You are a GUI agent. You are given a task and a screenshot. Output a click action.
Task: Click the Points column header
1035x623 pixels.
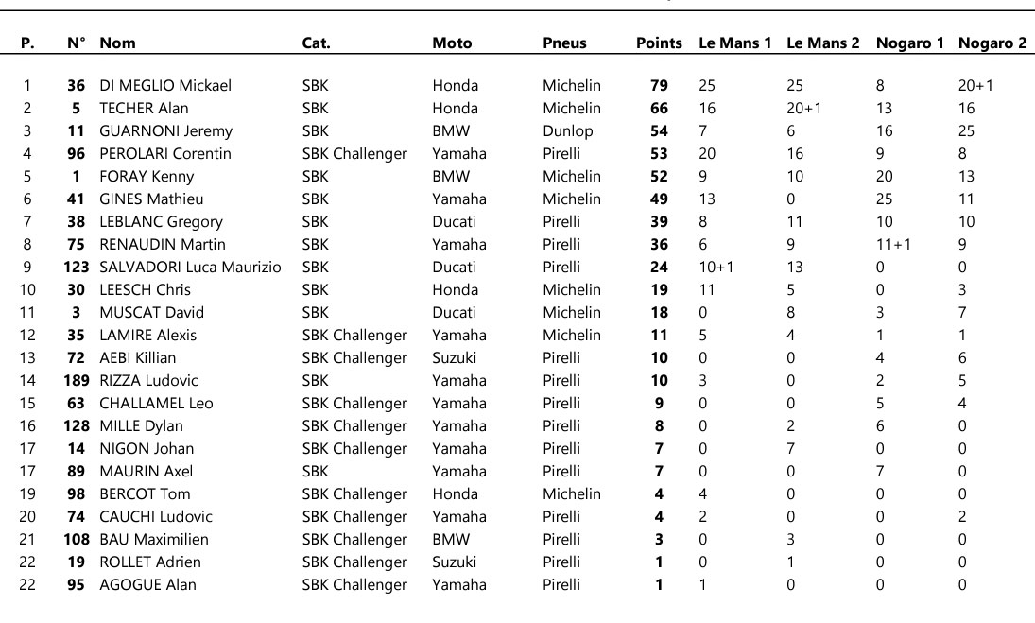(x=659, y=43)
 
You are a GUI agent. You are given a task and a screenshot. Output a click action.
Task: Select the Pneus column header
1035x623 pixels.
(x=564, y=43)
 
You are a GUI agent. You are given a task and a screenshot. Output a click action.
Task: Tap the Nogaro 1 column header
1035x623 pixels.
(x=909, y=43)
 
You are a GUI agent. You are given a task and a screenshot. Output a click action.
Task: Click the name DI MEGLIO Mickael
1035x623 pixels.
(x=164, y=86)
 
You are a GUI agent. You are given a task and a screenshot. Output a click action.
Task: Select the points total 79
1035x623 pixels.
(x=659, y=86)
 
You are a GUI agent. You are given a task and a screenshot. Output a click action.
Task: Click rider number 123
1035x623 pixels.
(x=77, y=268)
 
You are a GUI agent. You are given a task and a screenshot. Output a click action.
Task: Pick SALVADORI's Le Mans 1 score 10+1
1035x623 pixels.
(x=716, y=268)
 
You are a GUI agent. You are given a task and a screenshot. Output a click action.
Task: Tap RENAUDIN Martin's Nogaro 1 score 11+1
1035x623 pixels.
(x=894, y=245)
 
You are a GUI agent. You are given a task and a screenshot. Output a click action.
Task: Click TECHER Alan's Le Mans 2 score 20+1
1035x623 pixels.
(x=803, y=109)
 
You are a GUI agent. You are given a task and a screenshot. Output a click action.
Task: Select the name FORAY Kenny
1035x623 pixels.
(x=147, y=177)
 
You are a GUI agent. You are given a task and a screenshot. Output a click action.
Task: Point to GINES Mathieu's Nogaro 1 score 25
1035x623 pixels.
(x=885, y=199)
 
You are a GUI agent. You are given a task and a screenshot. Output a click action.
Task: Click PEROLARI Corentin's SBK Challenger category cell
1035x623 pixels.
(x=354, y=154)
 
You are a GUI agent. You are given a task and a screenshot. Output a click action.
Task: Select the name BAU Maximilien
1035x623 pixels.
(x=154, y=540)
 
